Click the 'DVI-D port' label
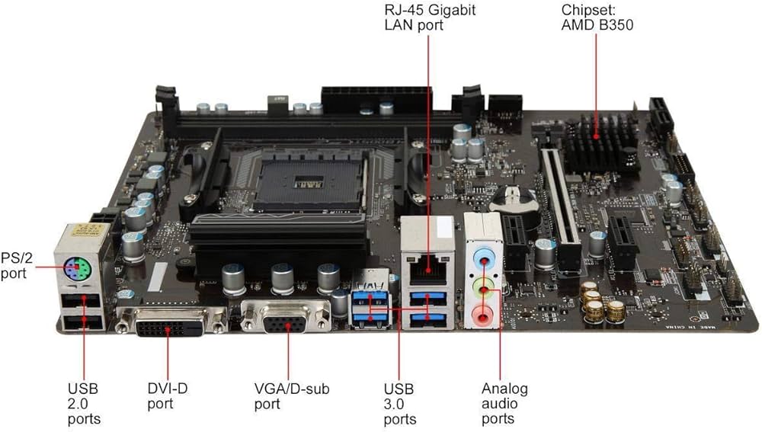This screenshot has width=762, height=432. pos(167,396)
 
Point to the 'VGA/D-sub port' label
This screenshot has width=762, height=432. pos(291,396)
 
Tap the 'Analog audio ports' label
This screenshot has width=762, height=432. pos(504,404)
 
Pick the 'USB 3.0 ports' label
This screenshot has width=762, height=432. pos(401,404)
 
